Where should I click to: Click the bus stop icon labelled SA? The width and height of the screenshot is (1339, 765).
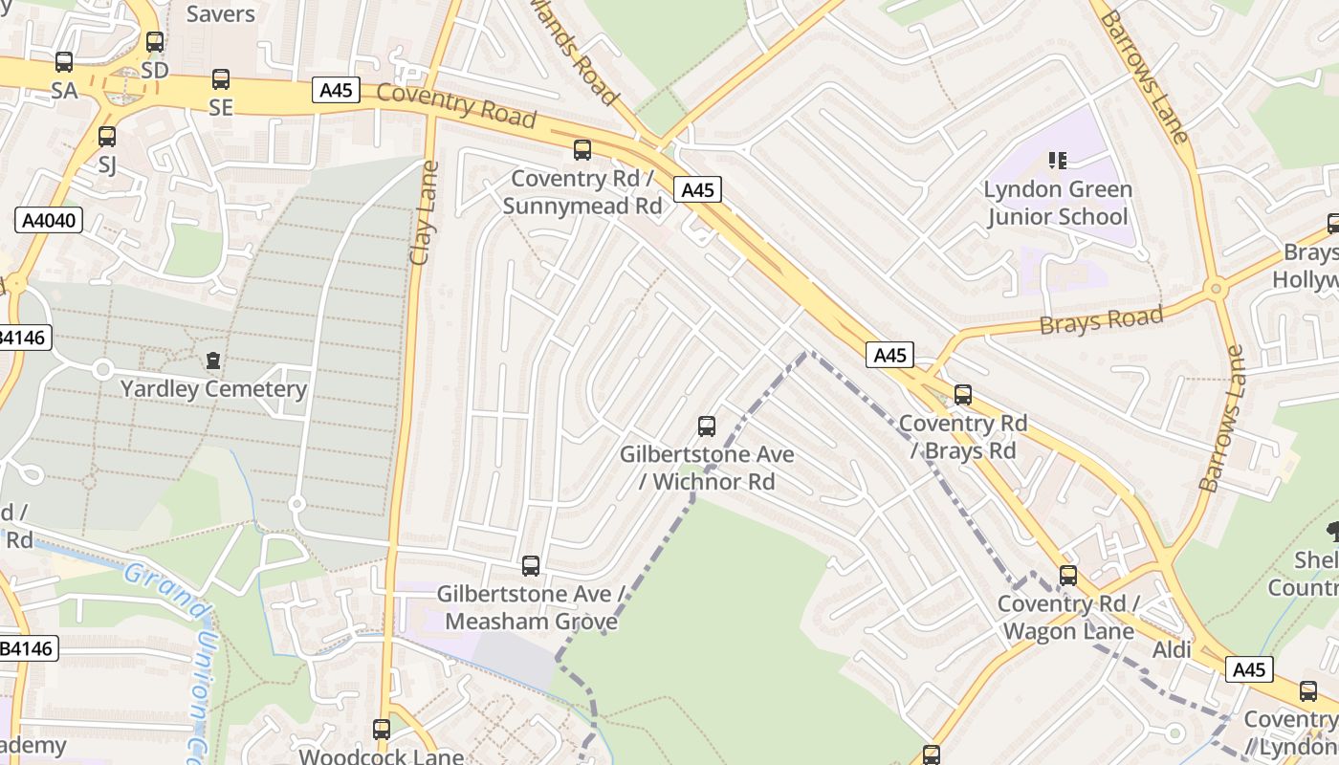tap(64, 62)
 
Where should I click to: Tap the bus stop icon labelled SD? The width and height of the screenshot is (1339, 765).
tap(155, 42)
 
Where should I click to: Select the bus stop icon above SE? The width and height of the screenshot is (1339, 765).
tap(221, 79)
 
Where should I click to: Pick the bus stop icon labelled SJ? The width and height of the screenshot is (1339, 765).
tap(107, 137)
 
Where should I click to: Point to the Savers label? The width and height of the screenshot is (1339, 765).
tap(221, 13)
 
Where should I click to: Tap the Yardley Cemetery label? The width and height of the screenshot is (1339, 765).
tap(213, 389)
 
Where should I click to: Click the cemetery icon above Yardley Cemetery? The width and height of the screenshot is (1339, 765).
tap(212, 361)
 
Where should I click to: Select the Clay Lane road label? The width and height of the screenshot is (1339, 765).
tap(423, 212)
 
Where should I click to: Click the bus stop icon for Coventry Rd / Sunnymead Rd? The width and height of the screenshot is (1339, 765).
tap(582, 150)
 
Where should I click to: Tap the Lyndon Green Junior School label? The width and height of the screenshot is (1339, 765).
tap(1058, 203)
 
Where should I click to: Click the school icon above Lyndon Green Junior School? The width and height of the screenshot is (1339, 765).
tap(1057, 160)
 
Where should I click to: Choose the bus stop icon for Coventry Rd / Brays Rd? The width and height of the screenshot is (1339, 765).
tap(963, 394)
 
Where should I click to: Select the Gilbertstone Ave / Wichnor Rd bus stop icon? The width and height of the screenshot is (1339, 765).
tap(707, 426)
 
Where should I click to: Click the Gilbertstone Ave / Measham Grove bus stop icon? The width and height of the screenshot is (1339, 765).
tap(531, 566)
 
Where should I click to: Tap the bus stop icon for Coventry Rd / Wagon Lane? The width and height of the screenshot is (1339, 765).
tap(1068, 576)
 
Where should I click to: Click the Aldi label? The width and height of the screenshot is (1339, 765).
tap(1172, 650)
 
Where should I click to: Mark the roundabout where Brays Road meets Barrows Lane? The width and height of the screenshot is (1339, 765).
tap(1216, 287)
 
